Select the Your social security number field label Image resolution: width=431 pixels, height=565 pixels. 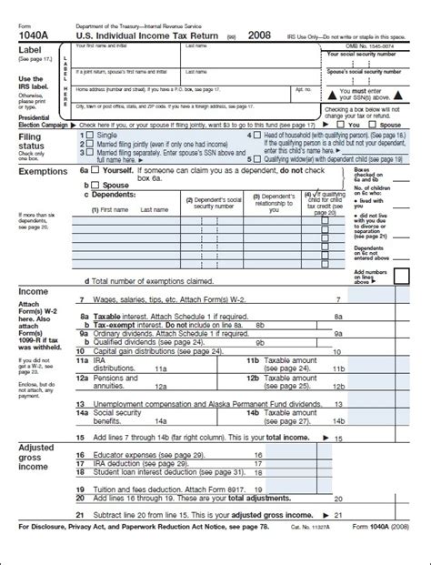(374, 54)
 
